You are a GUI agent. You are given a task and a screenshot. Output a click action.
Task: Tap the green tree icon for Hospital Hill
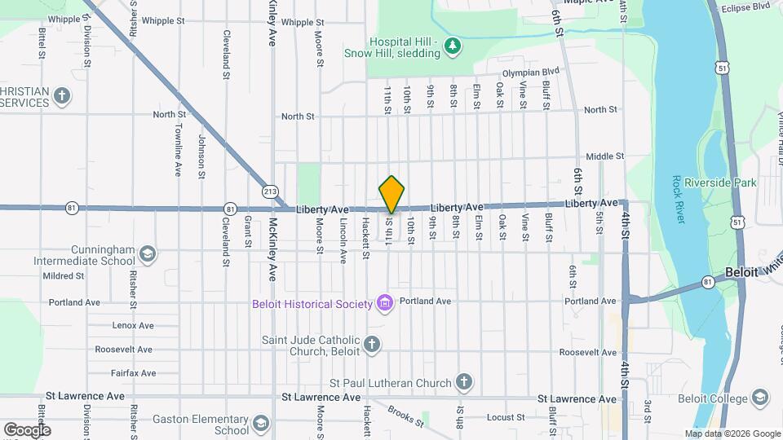click(452, 48)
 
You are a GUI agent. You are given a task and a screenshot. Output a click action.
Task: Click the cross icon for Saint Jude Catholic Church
click(372, 345)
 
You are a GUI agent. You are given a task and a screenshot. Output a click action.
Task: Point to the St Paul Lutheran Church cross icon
click(463, 382)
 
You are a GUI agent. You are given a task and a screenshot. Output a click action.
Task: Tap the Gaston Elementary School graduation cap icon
click(260, 424)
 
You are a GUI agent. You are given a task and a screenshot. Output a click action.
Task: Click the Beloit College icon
click(760, 398)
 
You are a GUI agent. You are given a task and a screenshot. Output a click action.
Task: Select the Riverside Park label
click(721, 183)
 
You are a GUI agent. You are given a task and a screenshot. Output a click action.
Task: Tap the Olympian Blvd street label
click(531, 73)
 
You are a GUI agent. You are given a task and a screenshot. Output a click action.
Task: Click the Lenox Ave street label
click(134, 325)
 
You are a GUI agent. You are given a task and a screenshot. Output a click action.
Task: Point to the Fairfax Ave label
click(136, 373)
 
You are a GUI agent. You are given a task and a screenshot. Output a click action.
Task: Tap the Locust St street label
click(505, 417)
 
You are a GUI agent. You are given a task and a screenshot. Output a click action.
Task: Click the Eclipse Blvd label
click(745, 7)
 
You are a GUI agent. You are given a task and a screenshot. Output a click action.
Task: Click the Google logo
click(27, 429)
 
